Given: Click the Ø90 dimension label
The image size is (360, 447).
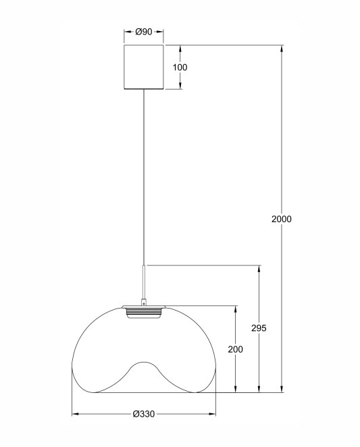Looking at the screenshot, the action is point(144,32).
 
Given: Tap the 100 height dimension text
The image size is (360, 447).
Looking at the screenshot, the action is point(180,68).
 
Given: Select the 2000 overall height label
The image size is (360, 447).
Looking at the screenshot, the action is point(282,219).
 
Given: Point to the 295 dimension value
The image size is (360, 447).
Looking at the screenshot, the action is point(259,328).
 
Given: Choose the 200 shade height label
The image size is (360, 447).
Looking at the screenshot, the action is point(235,349).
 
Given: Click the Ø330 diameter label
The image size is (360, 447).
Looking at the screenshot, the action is point(144,414).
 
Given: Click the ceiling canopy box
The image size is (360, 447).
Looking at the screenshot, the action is point(144,67).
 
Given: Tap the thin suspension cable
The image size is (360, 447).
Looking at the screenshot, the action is point(144,178).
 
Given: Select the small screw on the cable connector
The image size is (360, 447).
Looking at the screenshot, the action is point(144,304).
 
